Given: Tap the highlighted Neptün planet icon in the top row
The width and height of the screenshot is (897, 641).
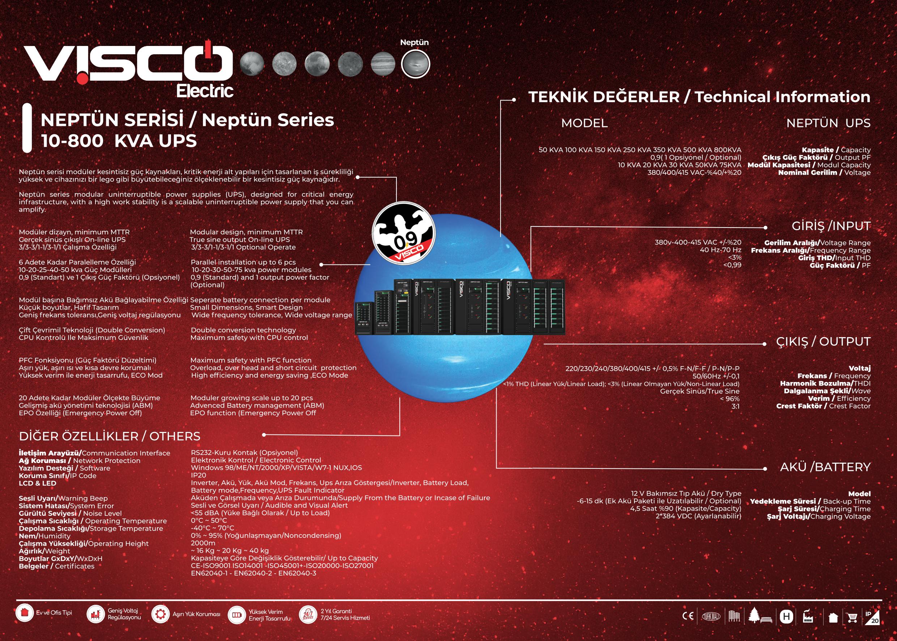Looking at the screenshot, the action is [415, 64].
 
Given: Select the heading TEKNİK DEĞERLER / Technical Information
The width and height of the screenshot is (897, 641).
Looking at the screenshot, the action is [699, 97].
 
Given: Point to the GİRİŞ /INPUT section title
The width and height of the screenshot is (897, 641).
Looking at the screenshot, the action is [831, 226].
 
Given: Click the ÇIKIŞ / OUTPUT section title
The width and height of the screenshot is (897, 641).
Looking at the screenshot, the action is [823, 341].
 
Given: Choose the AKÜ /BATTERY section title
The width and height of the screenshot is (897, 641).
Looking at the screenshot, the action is [825, 467].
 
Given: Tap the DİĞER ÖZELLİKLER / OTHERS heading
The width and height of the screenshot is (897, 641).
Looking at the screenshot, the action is [110, 436].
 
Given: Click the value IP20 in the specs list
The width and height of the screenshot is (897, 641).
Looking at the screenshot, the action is [199, 475].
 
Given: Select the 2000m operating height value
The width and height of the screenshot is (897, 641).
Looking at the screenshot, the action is [203, 543].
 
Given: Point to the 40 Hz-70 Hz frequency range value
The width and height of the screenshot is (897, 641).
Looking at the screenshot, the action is [720, 250].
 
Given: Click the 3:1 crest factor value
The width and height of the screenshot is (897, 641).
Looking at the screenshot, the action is [736, 406].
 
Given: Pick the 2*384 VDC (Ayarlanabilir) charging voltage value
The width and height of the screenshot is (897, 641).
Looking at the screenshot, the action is [698, 516].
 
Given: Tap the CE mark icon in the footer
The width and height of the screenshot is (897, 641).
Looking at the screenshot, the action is [688, 616].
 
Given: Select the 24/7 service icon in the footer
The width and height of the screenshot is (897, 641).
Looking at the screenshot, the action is [308, 615].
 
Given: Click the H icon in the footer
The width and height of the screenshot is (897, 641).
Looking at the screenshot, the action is [786, 616].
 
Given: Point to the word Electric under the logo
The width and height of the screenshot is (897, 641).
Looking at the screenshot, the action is [205, 91].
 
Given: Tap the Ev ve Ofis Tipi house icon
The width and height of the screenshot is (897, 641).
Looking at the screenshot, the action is [25, 613].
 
